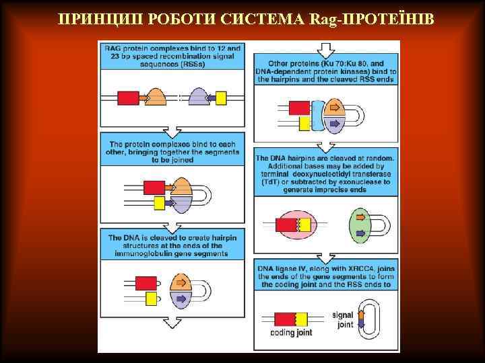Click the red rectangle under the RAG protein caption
pyautogui.click(x=128, y=97)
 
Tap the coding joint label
pyautogui.click(x=290, y=331)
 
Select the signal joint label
pyautogui.click(x=344, y=320)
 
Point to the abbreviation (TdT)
pyautogui.click(x=268, y=182)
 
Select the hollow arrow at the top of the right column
pyautogui.click(x=326, y=50)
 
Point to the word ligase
pyautogui.click(x=285, y=269)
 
